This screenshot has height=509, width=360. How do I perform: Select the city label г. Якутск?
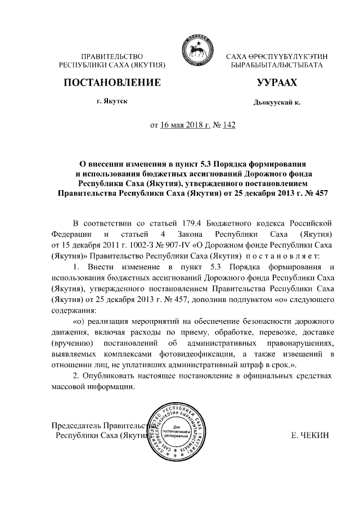pos(111,101)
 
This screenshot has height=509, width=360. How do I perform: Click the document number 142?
pos(228,125)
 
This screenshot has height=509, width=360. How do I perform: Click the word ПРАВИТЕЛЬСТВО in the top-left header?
pos(112,57)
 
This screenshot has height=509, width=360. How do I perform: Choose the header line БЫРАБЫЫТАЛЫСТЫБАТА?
pos(276,66)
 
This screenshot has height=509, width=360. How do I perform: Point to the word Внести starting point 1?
pos(99,266)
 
